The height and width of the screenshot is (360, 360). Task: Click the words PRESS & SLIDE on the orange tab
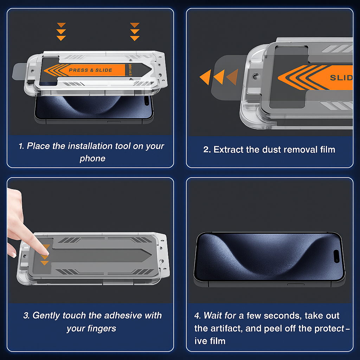pyautogui.click(x=90, y=70)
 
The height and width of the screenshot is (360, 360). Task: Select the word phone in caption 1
pyautogui.click(x=92, y=158)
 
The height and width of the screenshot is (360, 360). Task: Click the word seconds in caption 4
pyautogui.click(x=282, y=316)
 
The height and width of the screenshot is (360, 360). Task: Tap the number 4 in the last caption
pyautogui.click(x=197, y=316)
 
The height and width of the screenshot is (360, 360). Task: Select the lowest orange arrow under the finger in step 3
pyautogui.click(x=44, y=263)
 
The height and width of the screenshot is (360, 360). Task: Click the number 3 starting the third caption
pyautogui.click(x=26, y=316)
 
